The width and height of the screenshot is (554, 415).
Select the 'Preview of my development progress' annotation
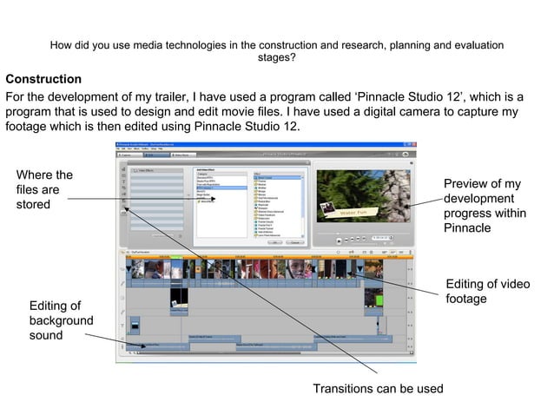[482, 206]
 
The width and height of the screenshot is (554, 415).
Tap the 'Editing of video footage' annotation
[487, 292]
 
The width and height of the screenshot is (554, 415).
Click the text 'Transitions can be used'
[378, 388]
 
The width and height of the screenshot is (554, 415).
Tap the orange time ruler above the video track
[269, 257]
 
